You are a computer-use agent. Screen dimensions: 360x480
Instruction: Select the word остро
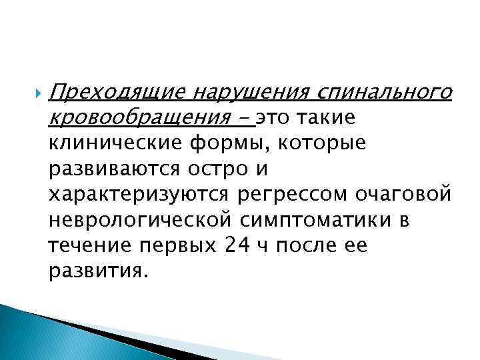(212, 170)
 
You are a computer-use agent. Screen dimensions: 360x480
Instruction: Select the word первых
(175, 246)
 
